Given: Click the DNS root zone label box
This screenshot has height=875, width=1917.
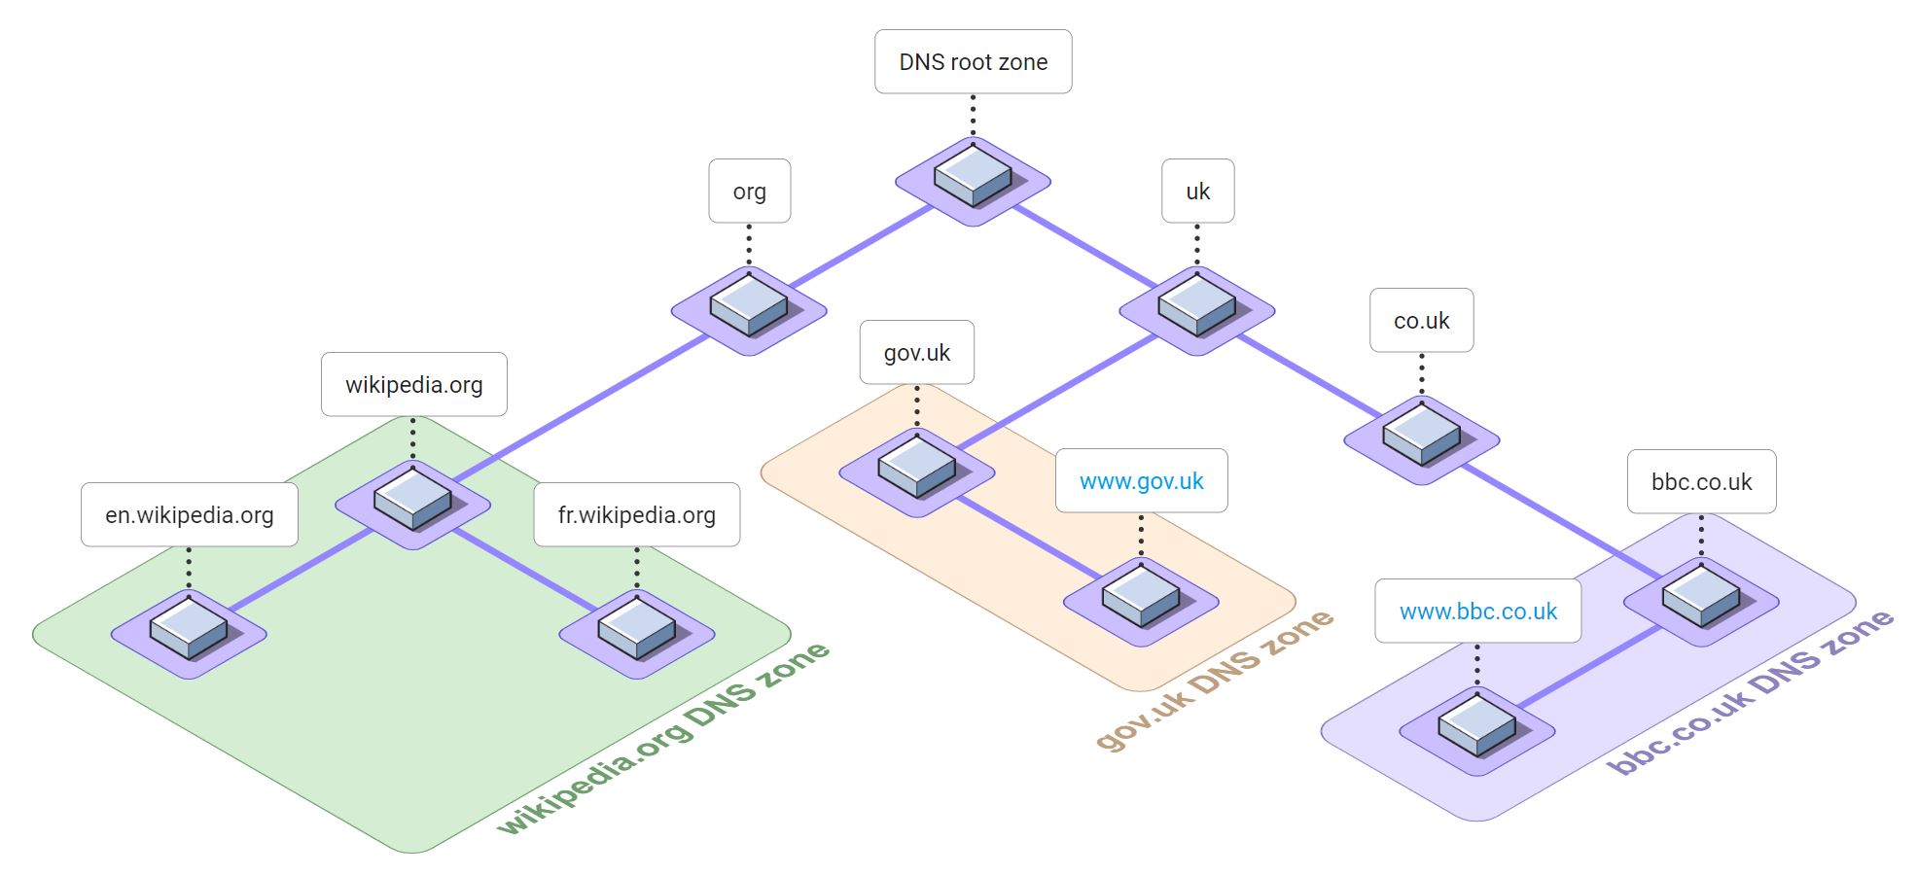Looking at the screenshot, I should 973,62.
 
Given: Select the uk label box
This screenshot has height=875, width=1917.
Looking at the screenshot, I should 1197,192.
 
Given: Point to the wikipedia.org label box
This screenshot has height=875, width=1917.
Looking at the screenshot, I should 413,385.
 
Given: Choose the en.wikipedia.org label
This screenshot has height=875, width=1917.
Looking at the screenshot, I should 189,515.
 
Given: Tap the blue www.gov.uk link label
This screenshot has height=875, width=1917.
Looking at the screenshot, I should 1141,481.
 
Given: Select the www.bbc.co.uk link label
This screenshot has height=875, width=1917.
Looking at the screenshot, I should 1477,612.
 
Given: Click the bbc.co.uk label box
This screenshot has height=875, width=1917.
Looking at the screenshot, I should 1701,482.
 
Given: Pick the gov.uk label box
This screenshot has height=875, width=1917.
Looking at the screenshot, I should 916,353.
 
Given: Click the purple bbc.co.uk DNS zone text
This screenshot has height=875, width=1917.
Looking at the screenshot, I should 1750,692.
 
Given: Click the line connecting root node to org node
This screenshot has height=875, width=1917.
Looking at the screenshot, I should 860,247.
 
